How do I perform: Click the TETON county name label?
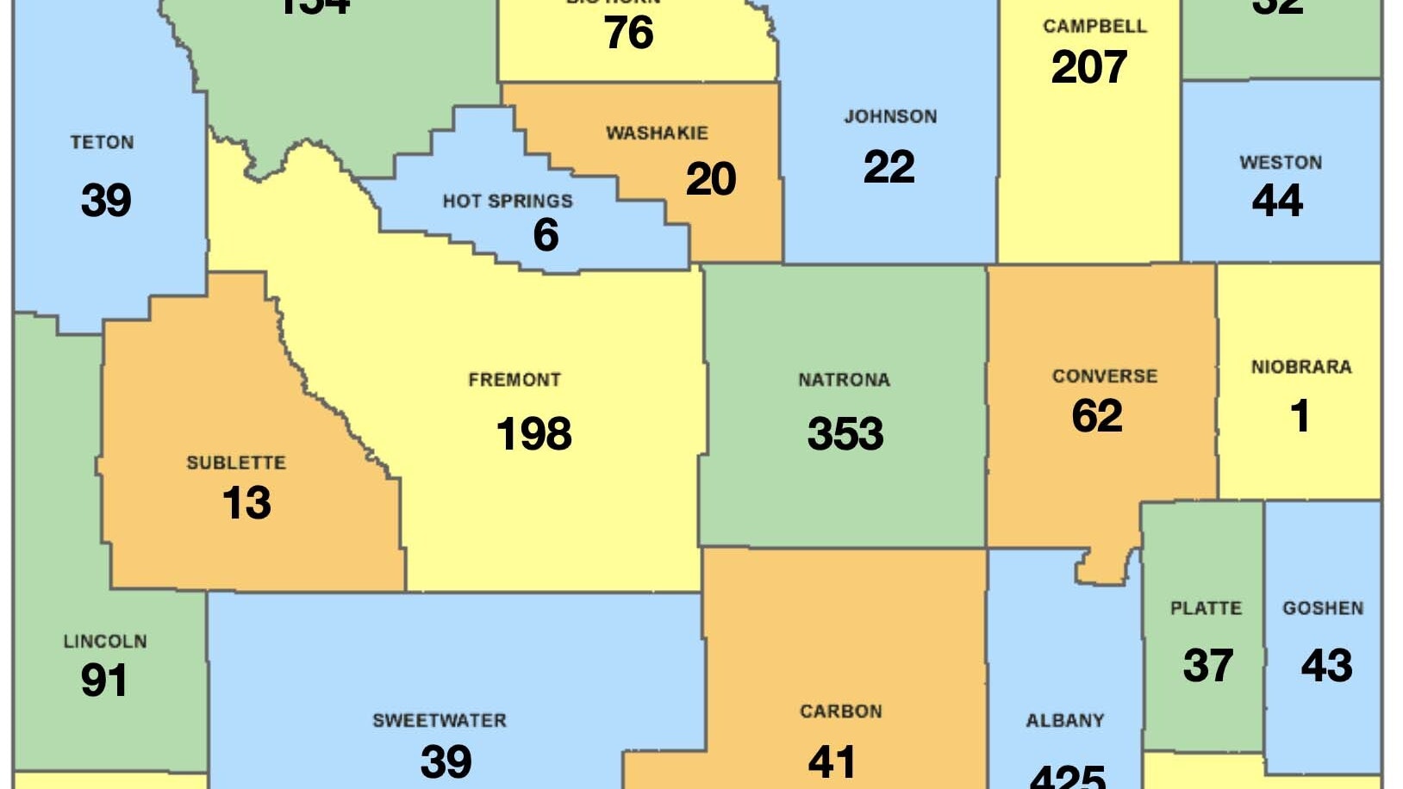102,142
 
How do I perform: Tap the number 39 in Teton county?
106,200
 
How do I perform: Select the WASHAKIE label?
657,134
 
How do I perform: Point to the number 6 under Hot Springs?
546,235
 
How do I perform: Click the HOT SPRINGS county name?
508,202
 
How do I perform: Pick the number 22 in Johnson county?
889,166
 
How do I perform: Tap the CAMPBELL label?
1094,27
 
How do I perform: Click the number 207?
1088,67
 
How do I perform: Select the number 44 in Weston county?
1277,201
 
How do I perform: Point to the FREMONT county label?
514,380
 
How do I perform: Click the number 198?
533,433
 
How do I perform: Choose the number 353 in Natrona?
845,433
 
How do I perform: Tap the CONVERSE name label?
1104,376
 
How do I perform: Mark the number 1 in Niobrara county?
1300,416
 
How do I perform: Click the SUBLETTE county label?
236,463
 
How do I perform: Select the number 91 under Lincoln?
104,680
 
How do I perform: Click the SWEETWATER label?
440,721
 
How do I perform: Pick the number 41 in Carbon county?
832,761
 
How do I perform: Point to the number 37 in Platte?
1207,666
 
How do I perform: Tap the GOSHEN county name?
1323,609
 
